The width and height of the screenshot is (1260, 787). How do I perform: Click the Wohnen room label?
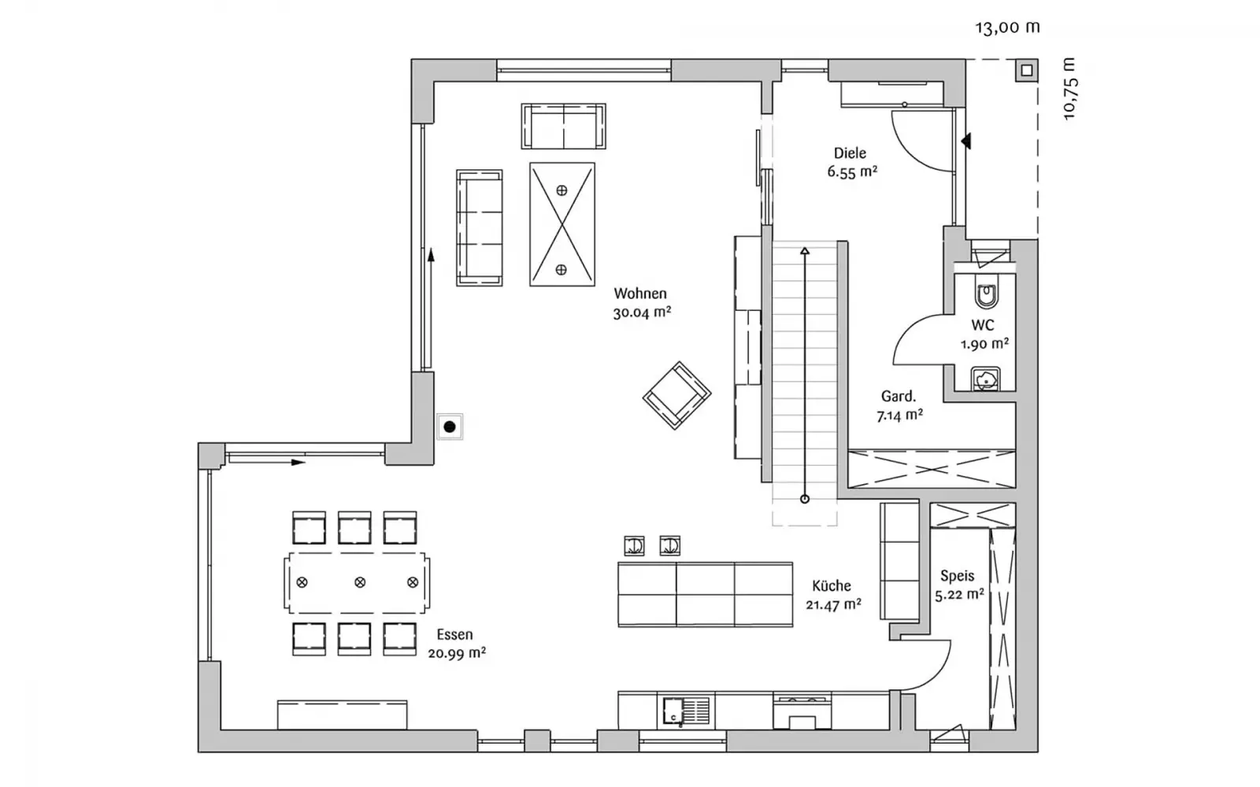point(640,294)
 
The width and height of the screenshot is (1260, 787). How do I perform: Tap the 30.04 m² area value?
point(642,312)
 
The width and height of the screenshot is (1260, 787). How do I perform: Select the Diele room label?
point(850,153)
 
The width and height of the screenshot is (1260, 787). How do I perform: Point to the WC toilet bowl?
point(986,295)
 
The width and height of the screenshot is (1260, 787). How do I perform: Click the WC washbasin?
point(986,379)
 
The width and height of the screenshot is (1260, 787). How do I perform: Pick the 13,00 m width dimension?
point(1007,28)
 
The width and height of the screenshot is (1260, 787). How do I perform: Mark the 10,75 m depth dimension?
point(1070,88)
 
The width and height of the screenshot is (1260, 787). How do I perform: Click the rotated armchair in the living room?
point(676,395)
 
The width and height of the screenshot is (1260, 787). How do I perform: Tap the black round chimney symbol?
point(450,427)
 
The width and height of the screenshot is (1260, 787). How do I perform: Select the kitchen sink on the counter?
point(686,711)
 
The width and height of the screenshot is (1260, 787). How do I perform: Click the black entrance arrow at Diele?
point(965,141)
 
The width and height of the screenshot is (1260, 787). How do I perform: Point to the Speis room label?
point(958,576)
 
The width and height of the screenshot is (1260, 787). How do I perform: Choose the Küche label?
point(832,586)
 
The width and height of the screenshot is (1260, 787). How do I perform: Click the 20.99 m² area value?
point(457,653)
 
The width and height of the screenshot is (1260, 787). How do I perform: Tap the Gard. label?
point(899,397)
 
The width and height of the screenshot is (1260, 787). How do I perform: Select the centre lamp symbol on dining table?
point(360,582)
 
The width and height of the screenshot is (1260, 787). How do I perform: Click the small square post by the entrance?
point(1027,70)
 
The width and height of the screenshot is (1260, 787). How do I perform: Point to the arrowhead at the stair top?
point(805,251)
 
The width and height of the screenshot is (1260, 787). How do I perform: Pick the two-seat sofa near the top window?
point(564,126)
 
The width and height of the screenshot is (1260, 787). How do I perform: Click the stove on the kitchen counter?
point(802,711)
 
